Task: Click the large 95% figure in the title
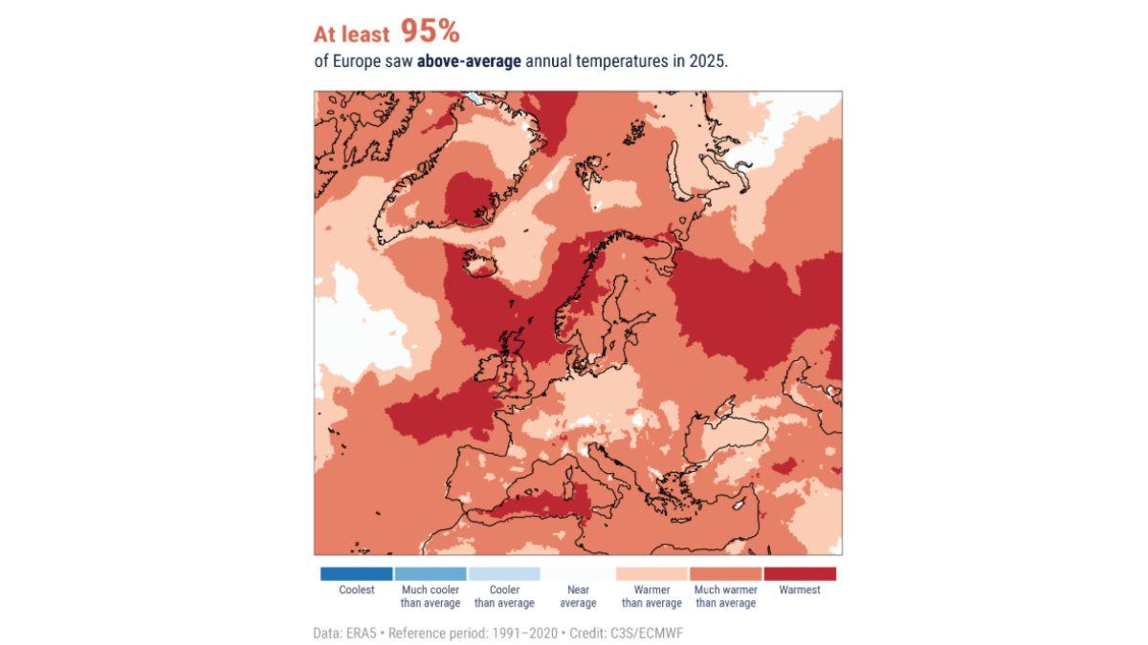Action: (x=430, y=32)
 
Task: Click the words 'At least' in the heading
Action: (x=351, y=35)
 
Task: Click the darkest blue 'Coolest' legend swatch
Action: (x=356, y=574)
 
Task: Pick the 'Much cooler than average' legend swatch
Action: (x=430, y=574)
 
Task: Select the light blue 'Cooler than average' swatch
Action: (x=504, y=574)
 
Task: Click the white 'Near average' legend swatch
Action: (x=578, y=574)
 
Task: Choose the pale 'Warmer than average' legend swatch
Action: (x=651, y=574)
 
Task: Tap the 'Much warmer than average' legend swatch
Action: (x=725, y=574)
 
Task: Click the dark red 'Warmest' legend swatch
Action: (x=800, y=574)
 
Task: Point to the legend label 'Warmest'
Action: (x=800, y=591)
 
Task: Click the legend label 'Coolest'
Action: (x=357, y=591)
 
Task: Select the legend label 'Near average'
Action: (x=578, y=596)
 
